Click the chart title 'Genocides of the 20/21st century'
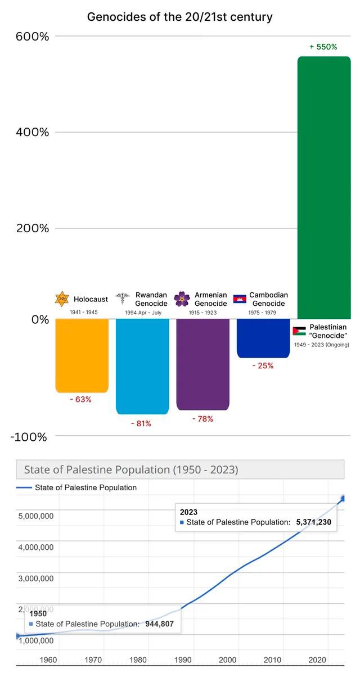click(179, 17)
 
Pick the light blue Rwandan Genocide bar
click(142, 365)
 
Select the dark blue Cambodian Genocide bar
click(263, 338)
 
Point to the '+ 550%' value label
click(323, 47)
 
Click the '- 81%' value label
click(141, 423)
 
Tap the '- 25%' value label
click(263, 365)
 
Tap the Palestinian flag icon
click(299, 331)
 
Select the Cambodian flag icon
click(240, 299)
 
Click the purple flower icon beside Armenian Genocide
click(182, 299)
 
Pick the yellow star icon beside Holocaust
click(61, 299)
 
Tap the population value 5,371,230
click(313, 522)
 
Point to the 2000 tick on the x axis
click(228, 660)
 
